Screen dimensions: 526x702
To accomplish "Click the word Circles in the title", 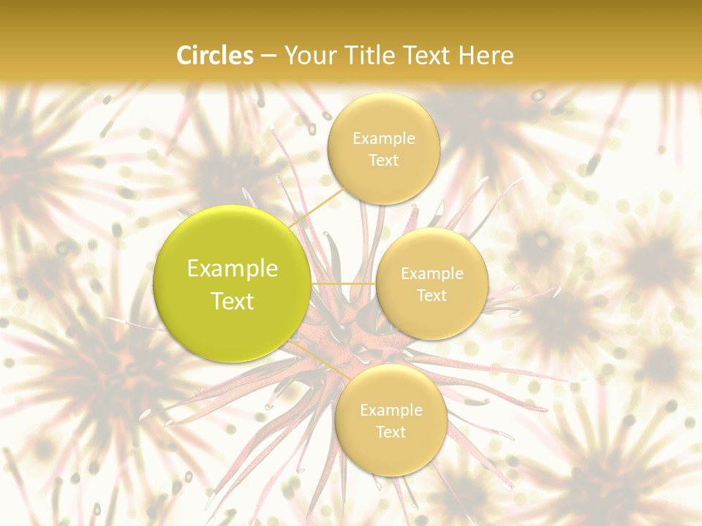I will tap(215, 56).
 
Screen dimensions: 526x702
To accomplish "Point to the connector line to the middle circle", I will tap(344, 283).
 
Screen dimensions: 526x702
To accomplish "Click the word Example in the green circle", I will tap(233, 269).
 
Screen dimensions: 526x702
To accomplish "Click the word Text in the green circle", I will tap(233, 301).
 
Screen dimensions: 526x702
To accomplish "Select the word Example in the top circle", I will tap(383, 139).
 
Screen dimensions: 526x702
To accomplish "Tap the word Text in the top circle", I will tap(383, 160).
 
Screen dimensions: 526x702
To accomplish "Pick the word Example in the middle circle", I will tap(431, 274).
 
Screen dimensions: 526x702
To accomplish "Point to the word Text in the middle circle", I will tap(431, 295).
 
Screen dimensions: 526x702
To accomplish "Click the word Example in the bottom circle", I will tap(390, 411).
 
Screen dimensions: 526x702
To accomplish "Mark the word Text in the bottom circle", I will tap(390, 432).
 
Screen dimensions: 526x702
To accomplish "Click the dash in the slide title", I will tap(268, 56).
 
